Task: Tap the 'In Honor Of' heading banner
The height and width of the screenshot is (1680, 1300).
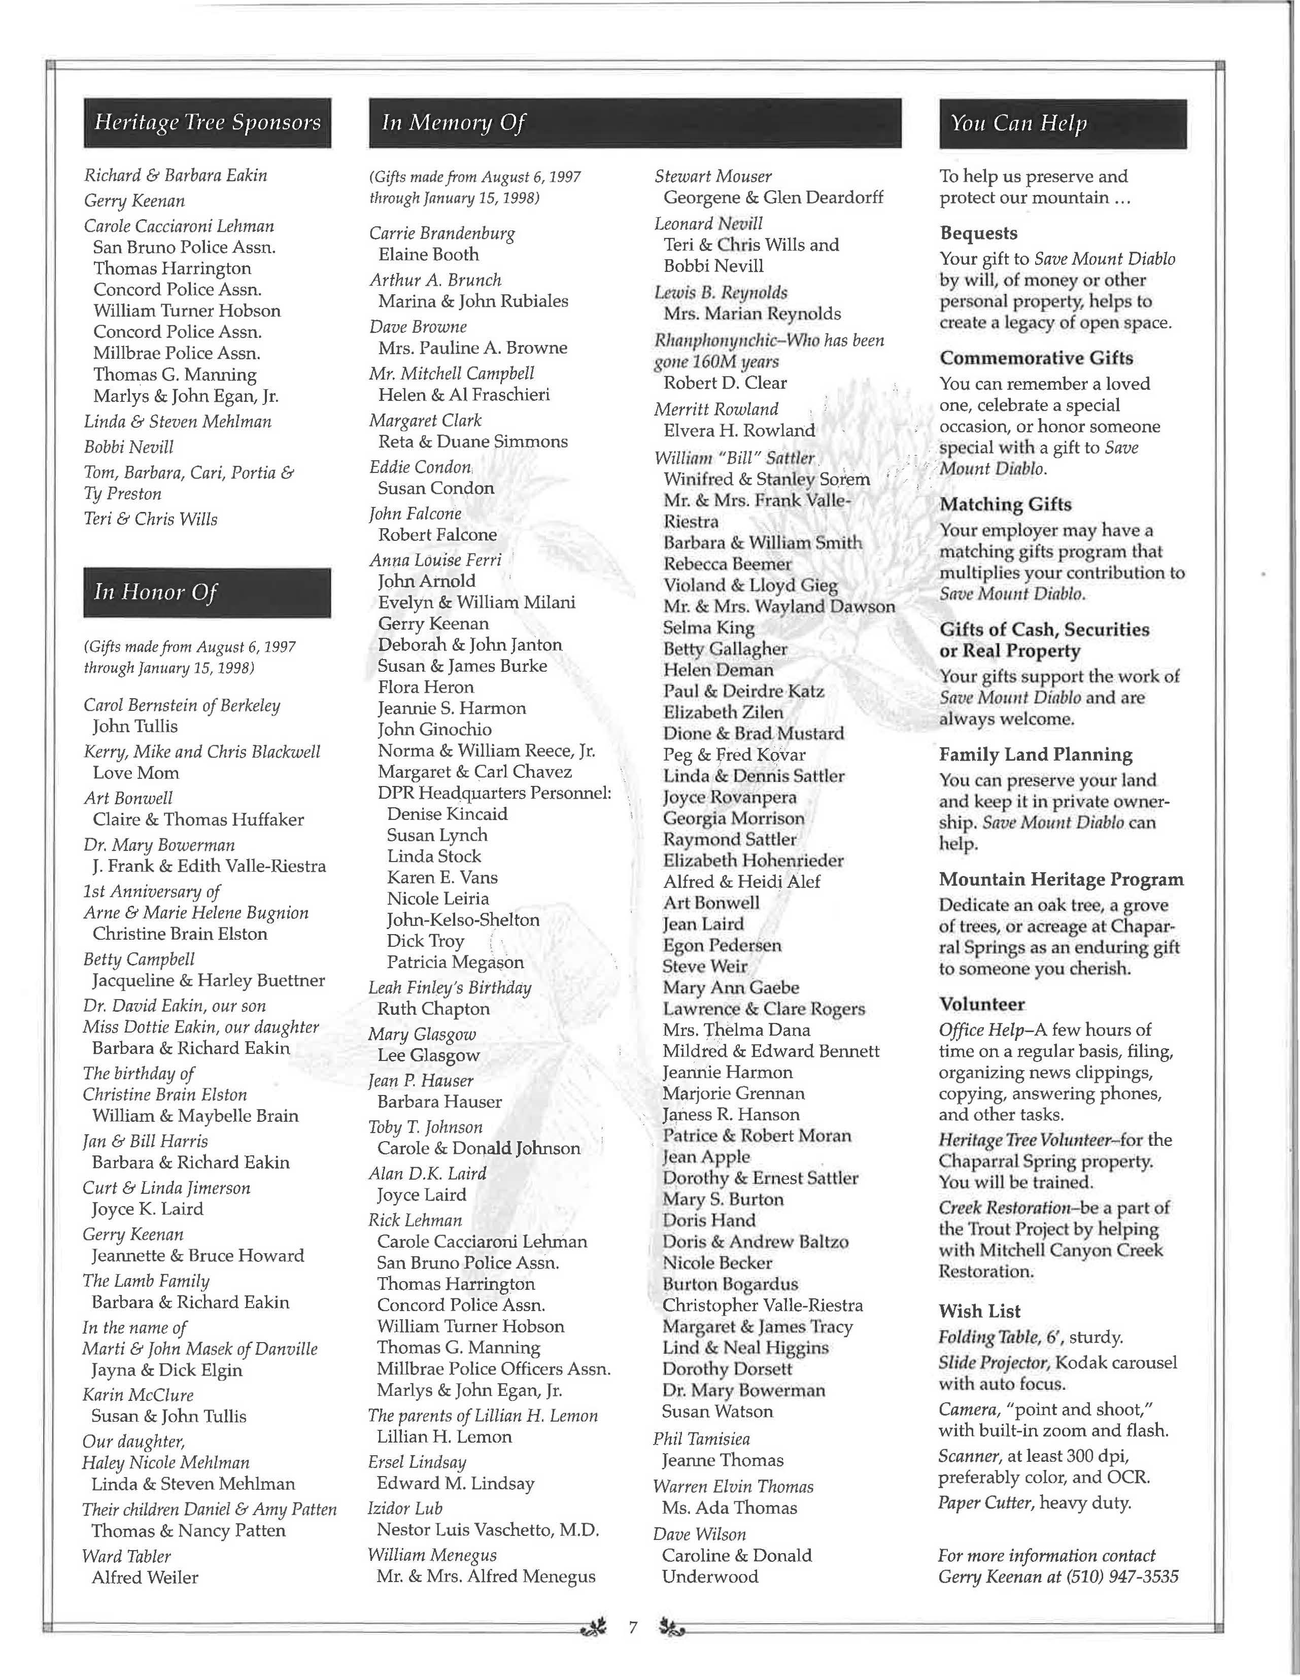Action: point(207,592)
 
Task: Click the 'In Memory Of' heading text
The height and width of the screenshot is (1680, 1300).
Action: point(454,123)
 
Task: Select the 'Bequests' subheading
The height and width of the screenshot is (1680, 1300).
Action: point(978,233)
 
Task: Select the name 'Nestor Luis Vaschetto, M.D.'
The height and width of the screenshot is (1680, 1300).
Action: point(488,1530)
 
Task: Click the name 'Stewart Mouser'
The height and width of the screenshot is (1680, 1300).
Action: point(713,176)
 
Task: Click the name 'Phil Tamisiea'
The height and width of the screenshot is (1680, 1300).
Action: point(702,1438)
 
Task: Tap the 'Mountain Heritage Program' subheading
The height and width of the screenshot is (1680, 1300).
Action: point(1062,879)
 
